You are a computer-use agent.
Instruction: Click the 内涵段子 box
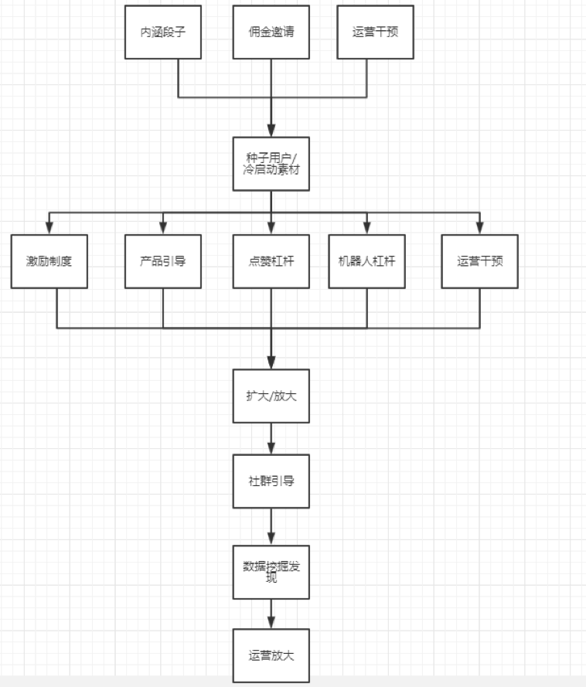(x=163, y=32)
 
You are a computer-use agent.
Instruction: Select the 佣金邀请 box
(x=271, y=32)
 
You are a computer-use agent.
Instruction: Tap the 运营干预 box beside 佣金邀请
(x=375, y=32)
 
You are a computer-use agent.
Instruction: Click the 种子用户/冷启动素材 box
(x=271, y=164)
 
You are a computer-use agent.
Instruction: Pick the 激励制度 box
(x=49, y=261)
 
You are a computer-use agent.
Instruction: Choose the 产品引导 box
(x=163, y=261)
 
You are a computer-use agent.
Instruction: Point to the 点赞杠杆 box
(x=271, y=261)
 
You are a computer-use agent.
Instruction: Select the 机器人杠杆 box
(x=366, y=261)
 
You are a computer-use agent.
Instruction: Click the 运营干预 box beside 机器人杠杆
(x=479, y=261)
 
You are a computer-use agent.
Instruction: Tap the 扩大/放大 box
(x=271, y=396)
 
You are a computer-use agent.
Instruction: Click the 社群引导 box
(x=271, y=481)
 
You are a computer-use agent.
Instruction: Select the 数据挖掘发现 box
(x=271, y=572)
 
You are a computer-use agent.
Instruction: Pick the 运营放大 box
(x=271, y=655)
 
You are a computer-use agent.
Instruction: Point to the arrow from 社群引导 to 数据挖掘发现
(x=271, y=526)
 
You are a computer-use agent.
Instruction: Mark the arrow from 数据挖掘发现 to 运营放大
(x=271, y=614)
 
